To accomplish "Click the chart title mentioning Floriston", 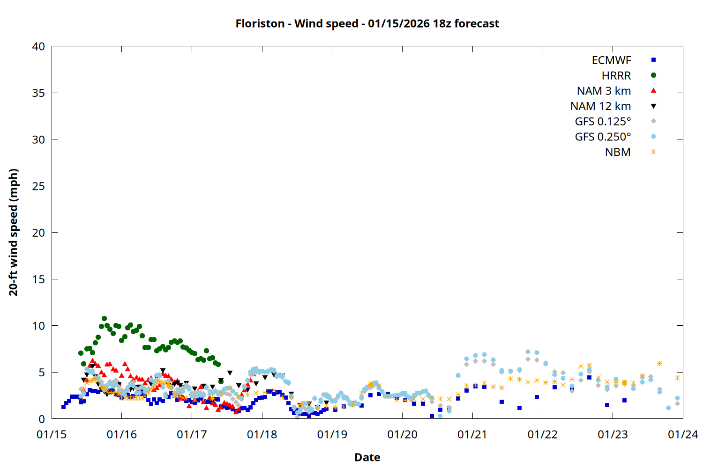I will click(x=367, y=23).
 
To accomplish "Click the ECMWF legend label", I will click(x=611, y=60).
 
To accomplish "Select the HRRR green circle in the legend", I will click(x=653, y=75).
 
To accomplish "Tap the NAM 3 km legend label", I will click(x=604, y=91).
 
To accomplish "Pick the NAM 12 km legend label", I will click(x=600, y=106).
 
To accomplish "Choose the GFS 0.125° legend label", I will click(x=603, y=122).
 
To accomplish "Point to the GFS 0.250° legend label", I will click(x=603, y=137).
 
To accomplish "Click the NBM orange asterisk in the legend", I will click(x=653, y=152).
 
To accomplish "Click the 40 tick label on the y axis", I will click(x=38, y=46).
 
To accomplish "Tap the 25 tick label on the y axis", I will click(x=38, y=186).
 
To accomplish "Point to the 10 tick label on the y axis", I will click(x=38, y=326).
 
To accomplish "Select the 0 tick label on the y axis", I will click(x=42, y=419).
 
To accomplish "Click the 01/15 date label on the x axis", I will click(x=52, y=435).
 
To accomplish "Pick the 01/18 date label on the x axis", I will click(x=262, y=435).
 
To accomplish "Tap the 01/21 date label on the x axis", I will click(x=472, y=435).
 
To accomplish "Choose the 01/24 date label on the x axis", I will click(x=683, y=435).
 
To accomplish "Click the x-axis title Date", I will click(x=367, y=457).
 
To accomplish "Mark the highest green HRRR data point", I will click(x=104, y=319).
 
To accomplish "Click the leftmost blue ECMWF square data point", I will click(x=63, y=407).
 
